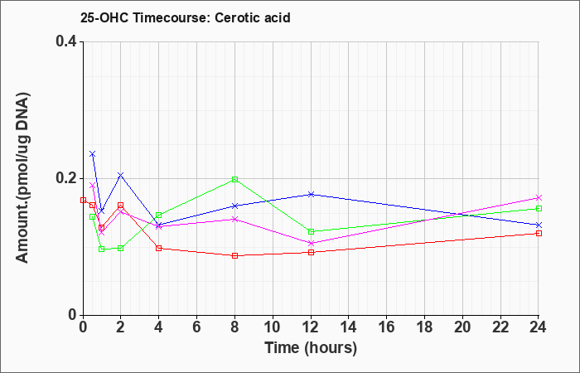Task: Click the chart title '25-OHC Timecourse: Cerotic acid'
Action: tap(186, 17)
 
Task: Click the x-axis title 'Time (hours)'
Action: tap(311, 348)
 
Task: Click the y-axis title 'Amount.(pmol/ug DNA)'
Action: tap(22, 177)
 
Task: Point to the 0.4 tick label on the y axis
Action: tap(66, 41)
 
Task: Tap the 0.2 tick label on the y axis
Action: tap(66, 178)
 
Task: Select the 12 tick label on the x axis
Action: tap(311, 327)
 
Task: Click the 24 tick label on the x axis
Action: tap(539, 327)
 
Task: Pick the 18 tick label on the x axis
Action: tap(424, 327)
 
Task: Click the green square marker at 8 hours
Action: tap(234, 180)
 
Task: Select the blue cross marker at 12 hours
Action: tap(311, 194)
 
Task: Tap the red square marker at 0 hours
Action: tap(83, 201)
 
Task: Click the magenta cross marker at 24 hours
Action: tap(539, 197)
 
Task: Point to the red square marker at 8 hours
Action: tap(234, 255)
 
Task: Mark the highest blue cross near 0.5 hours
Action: tap(93, 154)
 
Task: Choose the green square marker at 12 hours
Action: tap(311, 231)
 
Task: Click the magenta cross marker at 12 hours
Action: tap(311, 243)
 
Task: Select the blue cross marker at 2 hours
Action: tap(121, 175)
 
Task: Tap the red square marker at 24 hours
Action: tap(539, 233)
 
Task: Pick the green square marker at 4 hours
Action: tap(159, 215)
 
